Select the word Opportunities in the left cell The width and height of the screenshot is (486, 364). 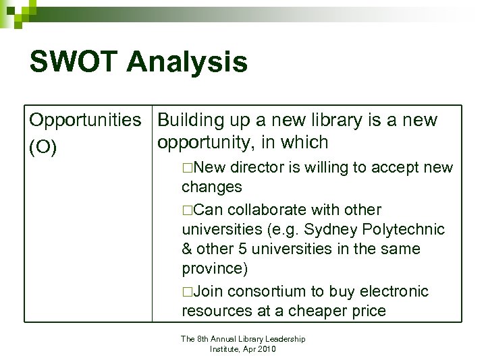pyautogui.click(x=85, y=121)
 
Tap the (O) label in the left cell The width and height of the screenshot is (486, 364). pyautogui.click(x=43, y=148)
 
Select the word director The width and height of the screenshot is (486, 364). pyautogui.click(x=257, y=167)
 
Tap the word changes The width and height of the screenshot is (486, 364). pyautogui.click(x=212, y=187)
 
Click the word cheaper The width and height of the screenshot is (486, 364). pyautogui.click(x=316, y=311)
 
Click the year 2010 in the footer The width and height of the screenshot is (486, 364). pyautogui.click(x=267, y=349)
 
